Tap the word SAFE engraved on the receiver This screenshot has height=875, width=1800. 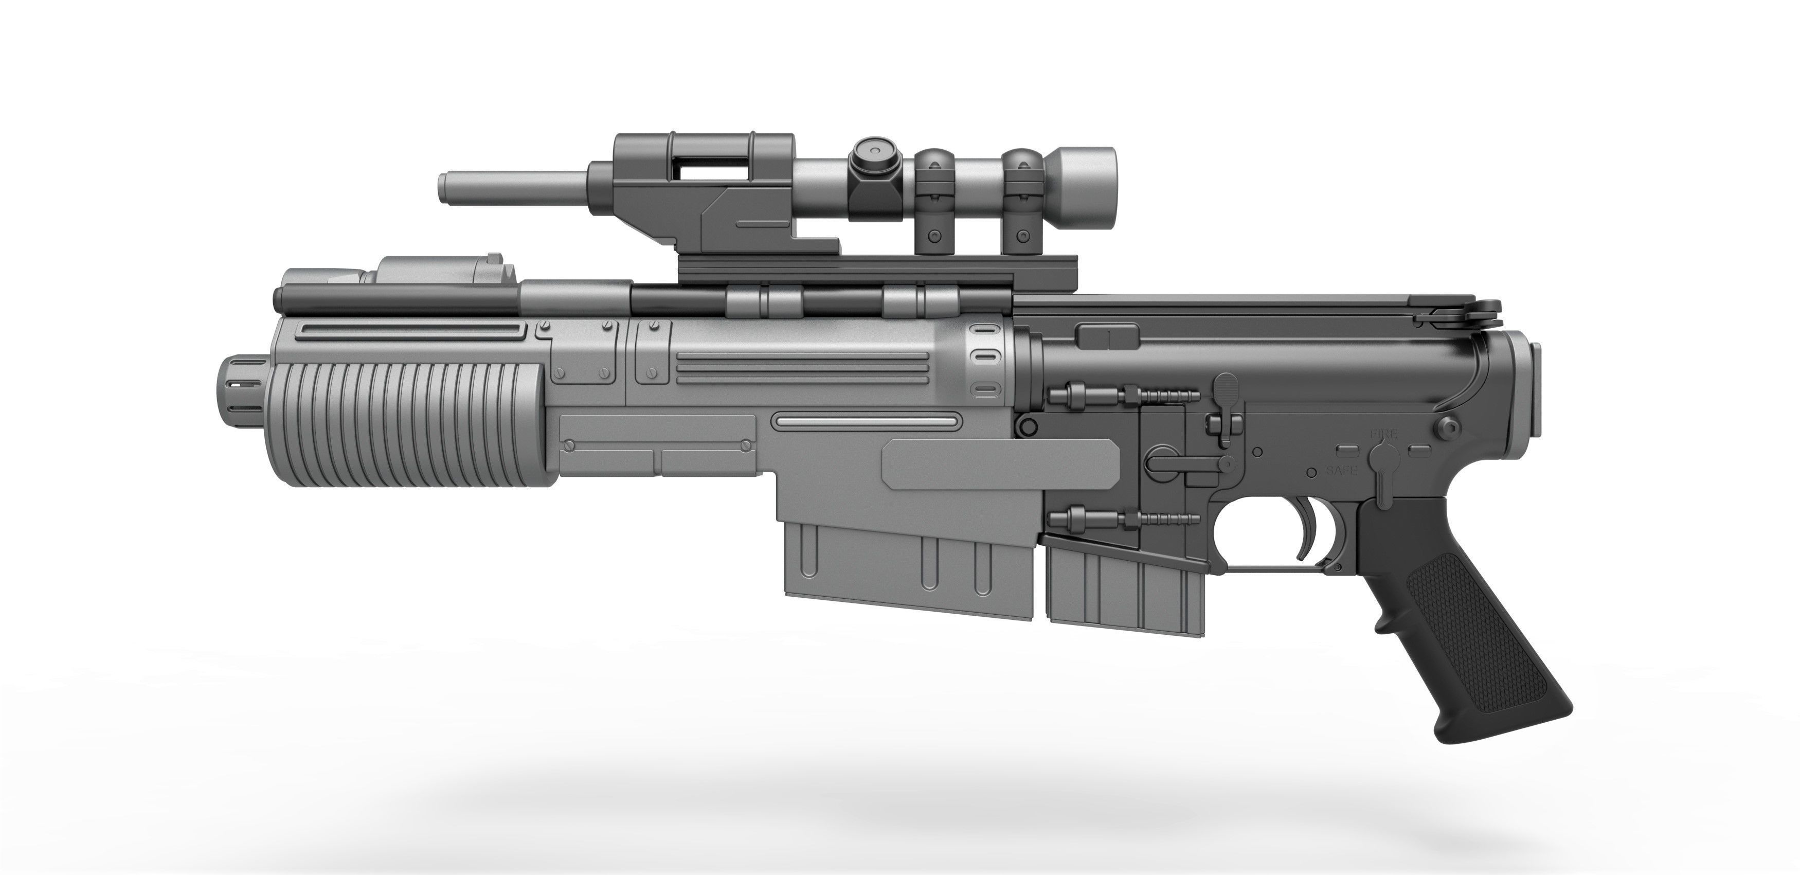(1342, 470)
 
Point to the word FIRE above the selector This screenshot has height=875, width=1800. (1383, 434)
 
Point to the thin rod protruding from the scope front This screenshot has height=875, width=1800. (514, 187)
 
